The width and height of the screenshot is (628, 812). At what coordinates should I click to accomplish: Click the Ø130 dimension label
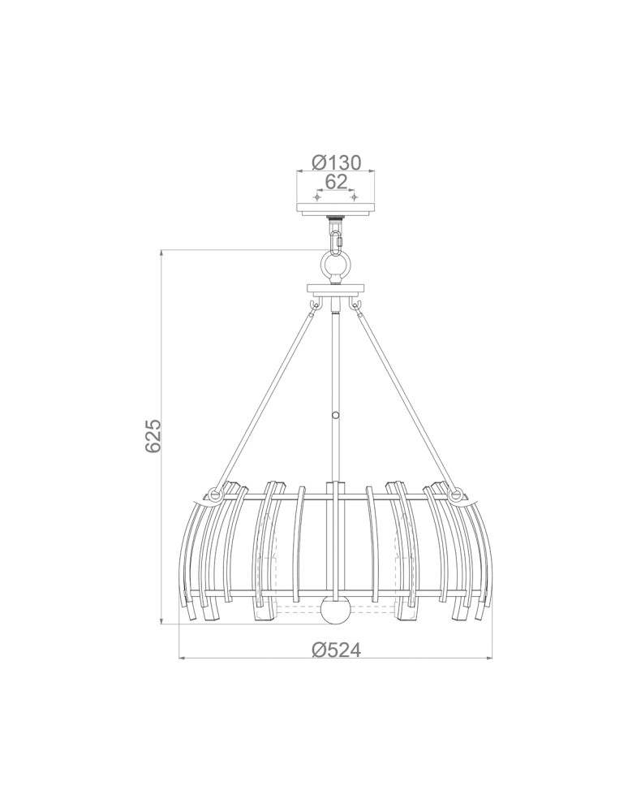tap(335, 162)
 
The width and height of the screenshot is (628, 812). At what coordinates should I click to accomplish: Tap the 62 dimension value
tap(335, 181)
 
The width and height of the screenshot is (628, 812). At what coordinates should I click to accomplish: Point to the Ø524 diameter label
tap(335, 650)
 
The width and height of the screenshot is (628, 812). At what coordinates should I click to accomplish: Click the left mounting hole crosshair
tap(317, 198)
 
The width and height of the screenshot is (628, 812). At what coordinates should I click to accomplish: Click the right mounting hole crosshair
tap(353, 198)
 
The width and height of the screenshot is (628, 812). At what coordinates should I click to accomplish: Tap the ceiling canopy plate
tap(335, 209)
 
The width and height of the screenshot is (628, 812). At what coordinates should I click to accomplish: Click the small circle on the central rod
tap(335, 415)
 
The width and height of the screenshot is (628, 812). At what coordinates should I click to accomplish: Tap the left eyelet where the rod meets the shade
tap(215, 493)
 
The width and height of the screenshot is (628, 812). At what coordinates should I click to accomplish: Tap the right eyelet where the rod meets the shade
tap(455, 493)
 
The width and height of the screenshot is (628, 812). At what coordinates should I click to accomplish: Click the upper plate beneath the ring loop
tap(335, 288)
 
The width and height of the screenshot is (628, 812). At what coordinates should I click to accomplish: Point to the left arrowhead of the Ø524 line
tap(183, 657)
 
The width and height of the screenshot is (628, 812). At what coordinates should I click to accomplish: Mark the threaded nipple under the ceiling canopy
tap(335, 219)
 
